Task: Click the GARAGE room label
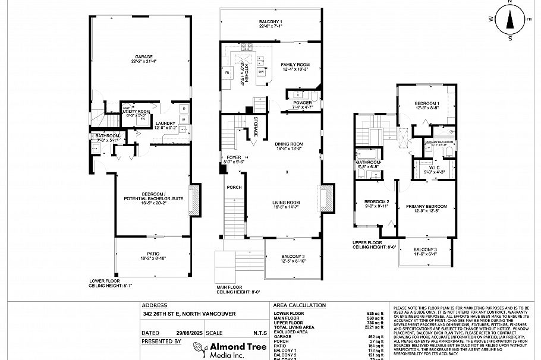140,58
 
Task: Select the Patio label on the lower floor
153,255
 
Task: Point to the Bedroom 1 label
426,105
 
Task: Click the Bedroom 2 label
376,203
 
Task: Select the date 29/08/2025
187,333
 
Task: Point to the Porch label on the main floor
234,187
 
